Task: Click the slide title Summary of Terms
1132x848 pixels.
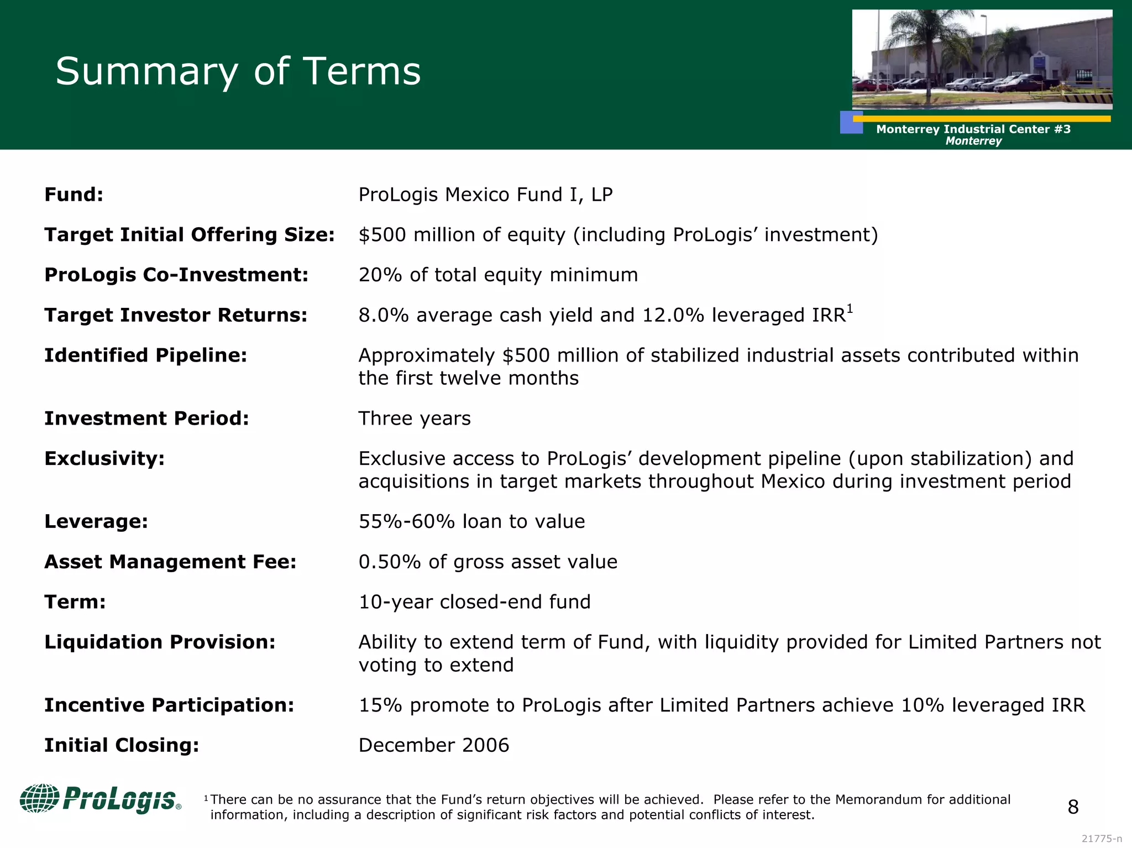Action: pos(238,71)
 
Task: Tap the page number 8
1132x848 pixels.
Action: pos(1073,807)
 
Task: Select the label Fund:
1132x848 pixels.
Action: pos(74,195)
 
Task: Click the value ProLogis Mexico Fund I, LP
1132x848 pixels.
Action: pos(485,195)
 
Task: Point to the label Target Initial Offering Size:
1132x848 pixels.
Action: pos(189,235)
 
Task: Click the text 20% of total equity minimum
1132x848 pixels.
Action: pos(497,275)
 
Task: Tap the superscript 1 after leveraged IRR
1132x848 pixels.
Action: pos(850,310)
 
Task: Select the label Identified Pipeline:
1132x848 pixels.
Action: pos(145,355)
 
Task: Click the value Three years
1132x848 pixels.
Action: pos(414,418)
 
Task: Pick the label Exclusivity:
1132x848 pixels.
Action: pos(104,459)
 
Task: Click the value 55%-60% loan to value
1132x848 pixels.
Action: pos(471,521)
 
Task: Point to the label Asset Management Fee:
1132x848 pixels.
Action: pos(170,562)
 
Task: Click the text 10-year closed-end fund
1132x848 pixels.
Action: pos(474,601)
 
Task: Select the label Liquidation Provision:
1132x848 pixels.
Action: pos(159,642)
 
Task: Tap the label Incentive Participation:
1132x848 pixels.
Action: pos(169,705)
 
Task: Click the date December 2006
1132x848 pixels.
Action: pos(433,745)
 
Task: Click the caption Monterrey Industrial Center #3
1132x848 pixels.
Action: pos(973,129)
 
